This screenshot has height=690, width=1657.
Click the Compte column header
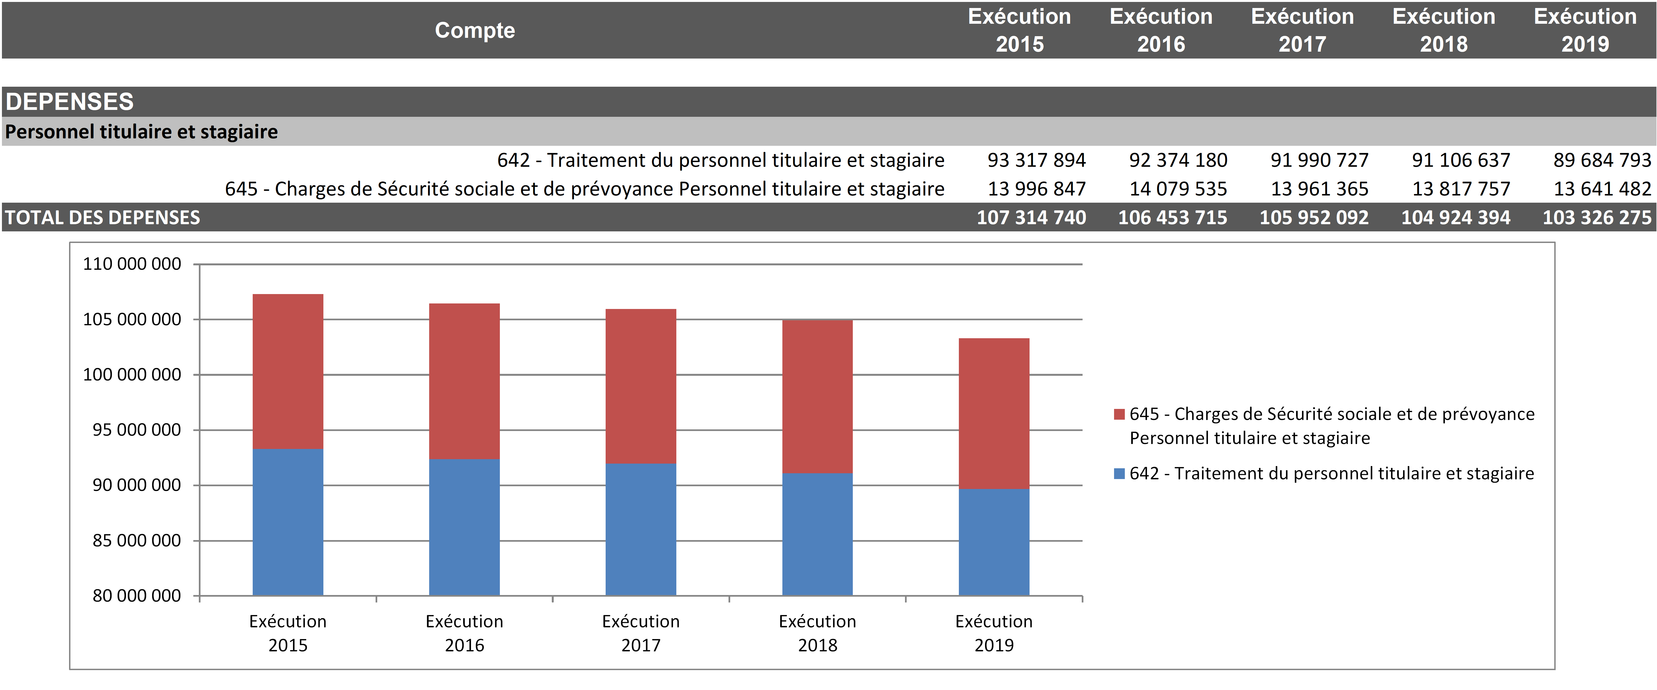(475, 30)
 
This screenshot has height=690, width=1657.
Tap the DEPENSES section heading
(70, 102)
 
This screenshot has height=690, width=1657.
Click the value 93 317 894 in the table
(1036, 160)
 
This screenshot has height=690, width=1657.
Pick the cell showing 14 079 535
(1178, 189)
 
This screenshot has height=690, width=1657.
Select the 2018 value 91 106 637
(1461, 160)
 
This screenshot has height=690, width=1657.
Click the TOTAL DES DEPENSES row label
(103, 217)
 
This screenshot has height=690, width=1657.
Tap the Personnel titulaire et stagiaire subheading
(141, 132)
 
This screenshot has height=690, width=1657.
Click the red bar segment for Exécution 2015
(287, 371)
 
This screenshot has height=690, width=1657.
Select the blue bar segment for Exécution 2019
(994, 542)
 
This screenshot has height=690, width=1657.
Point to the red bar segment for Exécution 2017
(641, 386)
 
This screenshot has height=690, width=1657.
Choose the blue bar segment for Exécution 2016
(465, 527)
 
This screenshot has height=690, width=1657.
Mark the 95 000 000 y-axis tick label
(136, 430)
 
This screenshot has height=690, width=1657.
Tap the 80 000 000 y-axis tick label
(136, 596)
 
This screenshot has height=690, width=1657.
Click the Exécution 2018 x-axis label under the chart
(817, 633)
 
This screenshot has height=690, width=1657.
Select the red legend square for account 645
(1119, 414)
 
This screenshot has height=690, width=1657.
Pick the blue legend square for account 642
(1119, 474)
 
